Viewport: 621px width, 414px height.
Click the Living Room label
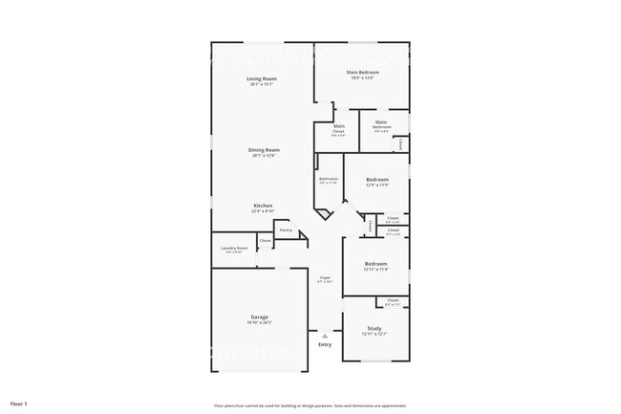click(x=261, y=78)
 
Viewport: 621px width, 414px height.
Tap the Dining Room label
click(x=266, y=149)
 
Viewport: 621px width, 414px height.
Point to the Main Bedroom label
click(x=362, y=72)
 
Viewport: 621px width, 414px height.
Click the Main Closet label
click(x=339, y=126)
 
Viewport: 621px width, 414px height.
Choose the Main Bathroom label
click(x=381, y=122)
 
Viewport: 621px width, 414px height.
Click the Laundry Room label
click(x=234, y=248)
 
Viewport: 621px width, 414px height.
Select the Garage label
click(x=260, y=316)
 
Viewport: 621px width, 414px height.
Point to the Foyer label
click(x=325, y=277)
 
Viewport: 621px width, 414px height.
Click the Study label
click(x=375, y=328)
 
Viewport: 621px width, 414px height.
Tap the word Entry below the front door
click(x=325, y=344)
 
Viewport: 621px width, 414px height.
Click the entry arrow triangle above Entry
click(x=325, y=336)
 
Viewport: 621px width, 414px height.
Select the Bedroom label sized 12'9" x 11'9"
click(x=376, y=180)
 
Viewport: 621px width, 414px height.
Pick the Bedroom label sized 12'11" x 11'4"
click(x=375, y=263)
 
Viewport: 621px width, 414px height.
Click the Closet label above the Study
click(x=393, y=300)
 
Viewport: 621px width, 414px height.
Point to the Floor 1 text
click(x=19, y=403)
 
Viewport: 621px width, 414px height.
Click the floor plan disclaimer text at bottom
click(x=310, y=404)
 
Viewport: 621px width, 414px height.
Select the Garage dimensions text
click(x=260, y=322)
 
